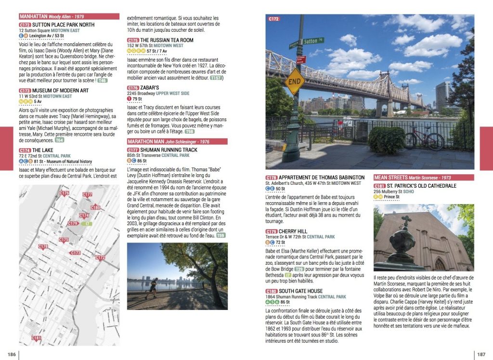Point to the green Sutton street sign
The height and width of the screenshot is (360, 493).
tap(313, 41)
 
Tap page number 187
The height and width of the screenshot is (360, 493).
tap(481, 354)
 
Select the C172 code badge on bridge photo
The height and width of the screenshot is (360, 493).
tap(273, 19)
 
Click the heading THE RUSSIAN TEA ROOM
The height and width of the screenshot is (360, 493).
tap(167, 40)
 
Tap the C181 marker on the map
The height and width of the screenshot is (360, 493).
tap(37, 338)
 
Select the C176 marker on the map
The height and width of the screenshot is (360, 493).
tap(64, 193)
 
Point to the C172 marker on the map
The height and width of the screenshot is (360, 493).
tap(100, 257)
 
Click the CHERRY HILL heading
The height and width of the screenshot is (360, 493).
tap(293, 231)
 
